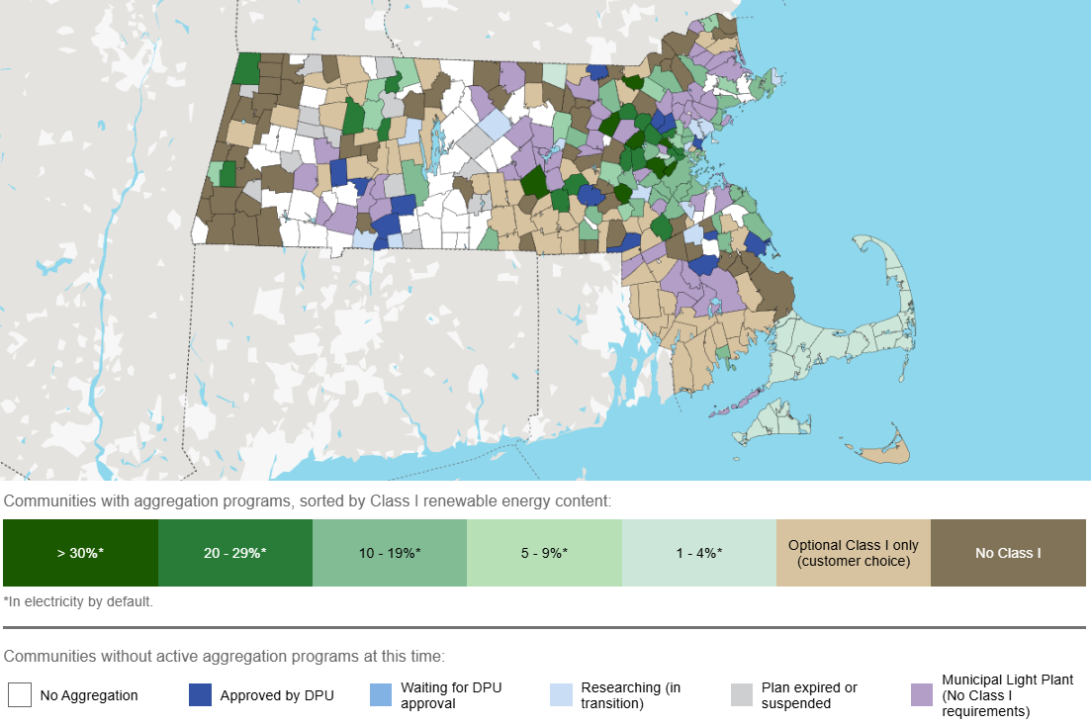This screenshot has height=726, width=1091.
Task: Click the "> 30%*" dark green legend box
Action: (x=80, y=553)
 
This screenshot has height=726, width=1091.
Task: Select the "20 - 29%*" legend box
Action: (x=235, y=553)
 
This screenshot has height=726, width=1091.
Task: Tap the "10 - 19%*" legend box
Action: (x=390, y=553)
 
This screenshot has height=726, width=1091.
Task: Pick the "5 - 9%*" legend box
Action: (x=544, y=553)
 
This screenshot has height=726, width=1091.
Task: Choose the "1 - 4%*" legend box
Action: (x=699, y=553)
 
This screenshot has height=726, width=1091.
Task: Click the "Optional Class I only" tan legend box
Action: (x=854, y=553)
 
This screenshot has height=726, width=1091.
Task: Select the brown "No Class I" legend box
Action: (x=1008, y=553)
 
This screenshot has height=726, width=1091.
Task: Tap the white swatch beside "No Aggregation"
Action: (x=20, y=695)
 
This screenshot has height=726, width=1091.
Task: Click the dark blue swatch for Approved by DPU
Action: (x=201, y=695)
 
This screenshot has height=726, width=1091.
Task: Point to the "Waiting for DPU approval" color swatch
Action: (x=381, y=695)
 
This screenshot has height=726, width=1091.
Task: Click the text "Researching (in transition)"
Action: (x=631, y=695)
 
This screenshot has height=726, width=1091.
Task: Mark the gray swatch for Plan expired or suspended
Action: (x=742, y=695)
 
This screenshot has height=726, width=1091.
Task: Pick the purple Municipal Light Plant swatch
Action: (x=921, y=695)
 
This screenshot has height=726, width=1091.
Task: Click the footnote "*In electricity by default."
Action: (x=78, y=600)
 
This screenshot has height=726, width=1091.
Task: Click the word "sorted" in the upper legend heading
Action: (x=318, y=501)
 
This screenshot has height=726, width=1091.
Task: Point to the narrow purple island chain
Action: (x=733, y=401)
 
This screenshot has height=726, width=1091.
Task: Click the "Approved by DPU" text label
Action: (x=277, y=695)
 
